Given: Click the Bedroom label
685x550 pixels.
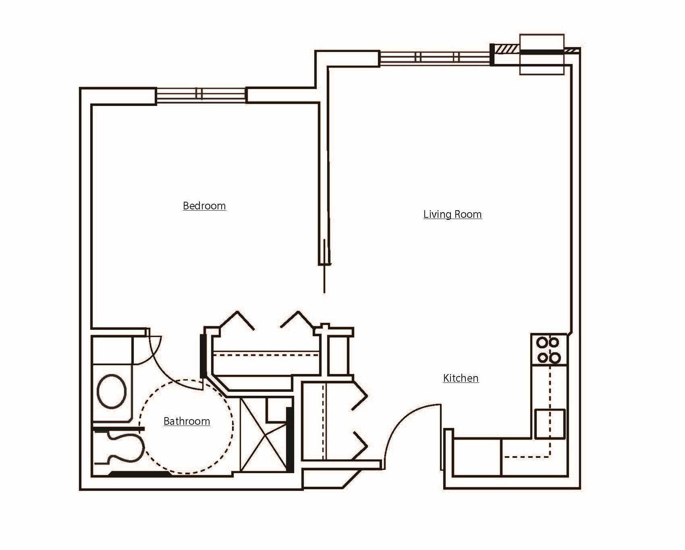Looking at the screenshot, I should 204,206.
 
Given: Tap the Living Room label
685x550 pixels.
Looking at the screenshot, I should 452,214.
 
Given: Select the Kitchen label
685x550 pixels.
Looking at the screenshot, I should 461,378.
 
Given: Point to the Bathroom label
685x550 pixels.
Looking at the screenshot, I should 187,421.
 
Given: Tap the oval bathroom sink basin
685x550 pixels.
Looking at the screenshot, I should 112,391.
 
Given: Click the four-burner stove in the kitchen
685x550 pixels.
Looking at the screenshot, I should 549,349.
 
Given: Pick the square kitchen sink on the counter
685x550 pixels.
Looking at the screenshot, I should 550,424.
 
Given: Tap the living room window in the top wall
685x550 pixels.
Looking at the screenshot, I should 435,58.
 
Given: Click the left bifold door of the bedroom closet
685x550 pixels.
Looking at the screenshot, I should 237,320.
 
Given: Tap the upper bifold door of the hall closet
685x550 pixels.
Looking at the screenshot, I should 360,396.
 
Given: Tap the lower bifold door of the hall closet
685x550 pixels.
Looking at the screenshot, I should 360,445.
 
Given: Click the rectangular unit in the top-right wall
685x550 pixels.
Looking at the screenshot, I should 542,54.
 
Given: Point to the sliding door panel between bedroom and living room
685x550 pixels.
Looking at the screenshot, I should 324,266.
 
